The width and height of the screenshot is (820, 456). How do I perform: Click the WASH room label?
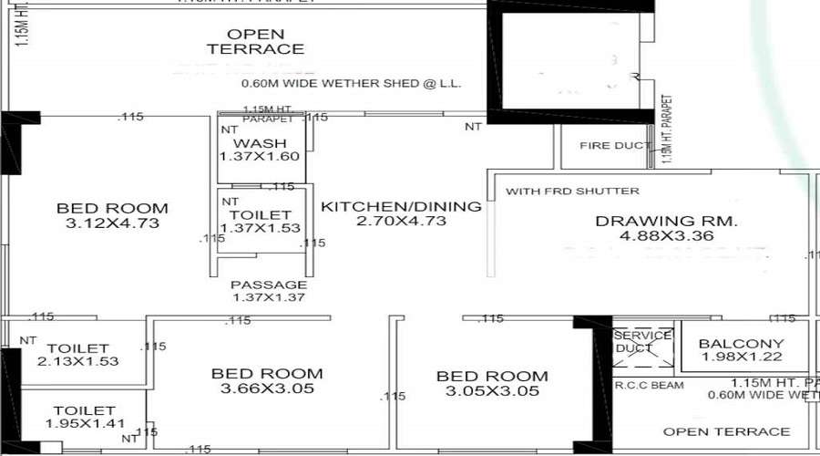pos(260,143)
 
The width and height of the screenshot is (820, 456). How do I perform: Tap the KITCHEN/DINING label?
pos(401,207)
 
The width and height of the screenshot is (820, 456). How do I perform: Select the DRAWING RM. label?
pos(666,221)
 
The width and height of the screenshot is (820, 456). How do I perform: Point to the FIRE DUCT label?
pos(616,146)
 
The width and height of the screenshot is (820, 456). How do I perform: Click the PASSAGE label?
pos(268,285)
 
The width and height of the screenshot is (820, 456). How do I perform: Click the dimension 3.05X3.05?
pos(492,391)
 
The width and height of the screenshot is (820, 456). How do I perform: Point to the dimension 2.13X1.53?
pos(78,362)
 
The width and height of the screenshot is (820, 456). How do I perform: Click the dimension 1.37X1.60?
pos(260,157)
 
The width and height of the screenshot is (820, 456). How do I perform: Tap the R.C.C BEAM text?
pos(649,386)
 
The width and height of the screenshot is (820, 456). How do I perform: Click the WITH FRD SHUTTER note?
pos(572,192)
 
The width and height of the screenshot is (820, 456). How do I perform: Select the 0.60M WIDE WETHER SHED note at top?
pos(352,83)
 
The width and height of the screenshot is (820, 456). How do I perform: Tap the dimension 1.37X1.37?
pos(268,297)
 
